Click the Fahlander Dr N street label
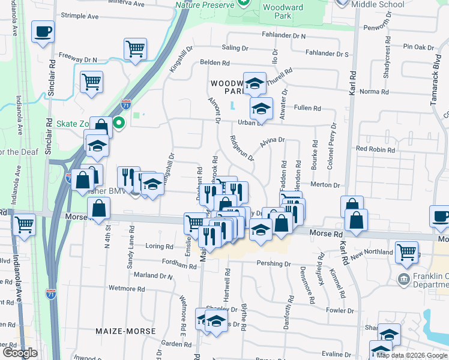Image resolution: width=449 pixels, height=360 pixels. tap(283, 36)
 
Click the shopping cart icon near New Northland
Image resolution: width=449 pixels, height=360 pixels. tap(407, 251)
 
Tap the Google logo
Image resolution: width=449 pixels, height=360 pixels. tap(20, 353)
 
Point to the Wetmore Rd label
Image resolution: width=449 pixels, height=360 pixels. tap(126, 289)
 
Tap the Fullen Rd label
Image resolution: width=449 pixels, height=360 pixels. tap(307, 108)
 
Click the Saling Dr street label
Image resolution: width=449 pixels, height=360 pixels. tap(235, 47)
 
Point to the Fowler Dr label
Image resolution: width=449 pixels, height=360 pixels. tap(340, 311)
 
